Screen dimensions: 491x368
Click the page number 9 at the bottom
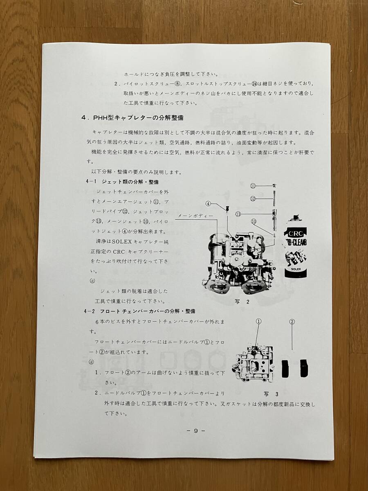coord(195,430)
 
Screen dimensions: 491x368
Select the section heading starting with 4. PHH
coord(132,118)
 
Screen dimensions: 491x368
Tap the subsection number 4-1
coord(89,182)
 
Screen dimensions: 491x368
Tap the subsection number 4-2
coord(89,311)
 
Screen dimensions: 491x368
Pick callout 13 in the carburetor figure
coord(238,214)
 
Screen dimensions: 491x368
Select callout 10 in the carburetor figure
coord(254,221)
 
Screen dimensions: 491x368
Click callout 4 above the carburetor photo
coord(208,203)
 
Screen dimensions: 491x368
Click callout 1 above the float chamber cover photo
coord(258,322)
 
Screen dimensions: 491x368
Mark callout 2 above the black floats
coord(292,322)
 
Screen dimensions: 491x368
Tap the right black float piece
coord(304,368)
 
